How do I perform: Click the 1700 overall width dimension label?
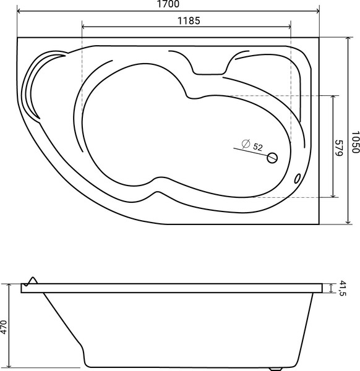coord(168,4)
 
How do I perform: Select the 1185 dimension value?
coord(186,20)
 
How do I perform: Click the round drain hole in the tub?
coord(272,158)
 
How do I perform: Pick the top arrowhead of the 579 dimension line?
coord(334,98)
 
